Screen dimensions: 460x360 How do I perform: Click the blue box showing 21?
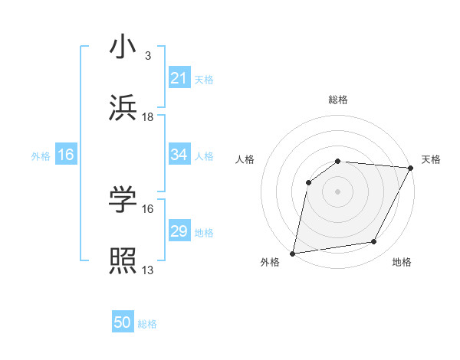pos(179,78)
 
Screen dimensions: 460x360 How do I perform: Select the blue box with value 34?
pos(179,155)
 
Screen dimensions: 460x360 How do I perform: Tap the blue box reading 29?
pos(179,231)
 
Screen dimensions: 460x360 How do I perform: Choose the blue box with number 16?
pos(66,155)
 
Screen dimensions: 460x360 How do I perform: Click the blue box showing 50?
pos(123,322)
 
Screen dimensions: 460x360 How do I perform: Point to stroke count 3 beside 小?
pos(147,55)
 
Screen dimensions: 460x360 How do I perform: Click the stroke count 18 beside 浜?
pos(148,116)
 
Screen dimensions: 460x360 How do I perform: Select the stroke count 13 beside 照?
pos(148,270)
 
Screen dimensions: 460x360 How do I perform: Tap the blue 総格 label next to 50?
pos(147,324)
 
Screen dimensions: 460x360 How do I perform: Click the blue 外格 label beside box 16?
pos(41,155)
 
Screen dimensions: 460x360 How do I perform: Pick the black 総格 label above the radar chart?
pos(337,100)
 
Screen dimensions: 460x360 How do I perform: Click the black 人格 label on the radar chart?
pos(245,159)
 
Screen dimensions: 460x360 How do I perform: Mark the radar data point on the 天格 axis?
pos(411,167)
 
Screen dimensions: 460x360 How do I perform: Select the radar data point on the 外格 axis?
pos(293,253)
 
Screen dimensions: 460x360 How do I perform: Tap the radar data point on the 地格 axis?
pos(374,242)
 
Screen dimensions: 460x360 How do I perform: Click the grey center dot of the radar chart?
pos(337,191)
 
